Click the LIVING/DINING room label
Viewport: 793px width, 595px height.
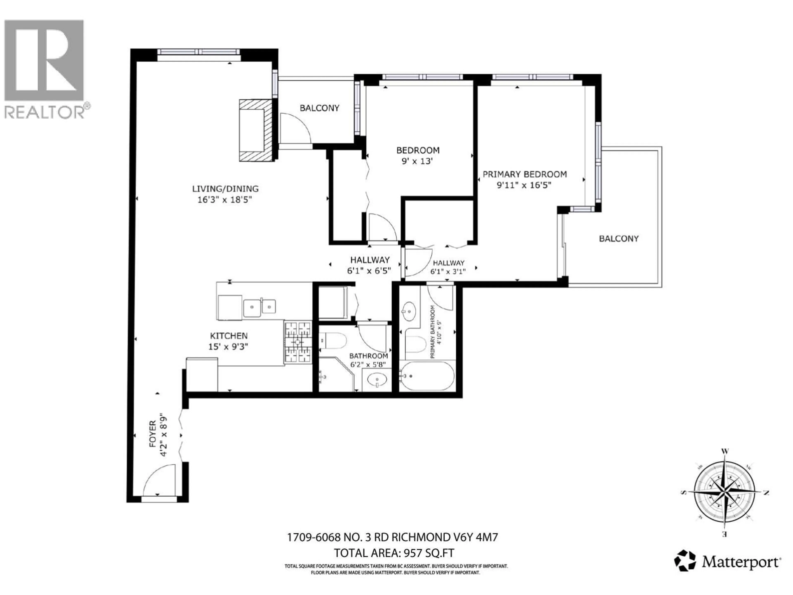pyautogui.click(x=225, y=189)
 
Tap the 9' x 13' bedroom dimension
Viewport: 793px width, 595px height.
pyautogui.click(x=417, y=161)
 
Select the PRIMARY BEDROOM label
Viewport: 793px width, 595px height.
pyautogui.click(x=525, y=174)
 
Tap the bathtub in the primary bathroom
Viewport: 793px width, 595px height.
pyautogui.click(x=427, y=376)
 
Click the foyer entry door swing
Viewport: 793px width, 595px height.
pyautogui.click(x=160, y=480)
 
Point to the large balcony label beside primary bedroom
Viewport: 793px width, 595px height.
pyautogui.click(x=619, y=238)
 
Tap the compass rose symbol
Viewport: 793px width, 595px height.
pyautogui.click(x=724, y=493)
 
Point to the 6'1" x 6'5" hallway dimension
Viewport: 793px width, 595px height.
pyautogui.click(x=369, y=271)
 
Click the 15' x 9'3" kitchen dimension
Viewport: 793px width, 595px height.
pyautogui.click(x=228, y=347)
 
